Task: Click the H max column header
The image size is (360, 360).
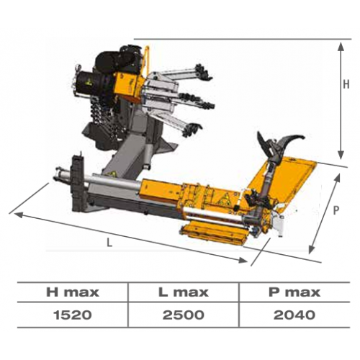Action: tap(73, 292)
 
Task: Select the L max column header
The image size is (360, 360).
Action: tap(184, 292)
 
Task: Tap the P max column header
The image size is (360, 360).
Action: tap(294, 292)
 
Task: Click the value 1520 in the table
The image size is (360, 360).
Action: tap(73, 315)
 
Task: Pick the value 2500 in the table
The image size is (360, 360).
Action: tap(184, 315)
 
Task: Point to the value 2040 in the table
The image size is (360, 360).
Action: tap(294, 315)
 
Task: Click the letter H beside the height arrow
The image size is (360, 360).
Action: tap(346, 84)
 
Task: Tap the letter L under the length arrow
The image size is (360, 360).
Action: tap(109, 243)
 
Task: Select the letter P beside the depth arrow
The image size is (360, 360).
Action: tap(336, 210)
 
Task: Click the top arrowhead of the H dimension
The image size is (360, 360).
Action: tap(341, 46)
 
